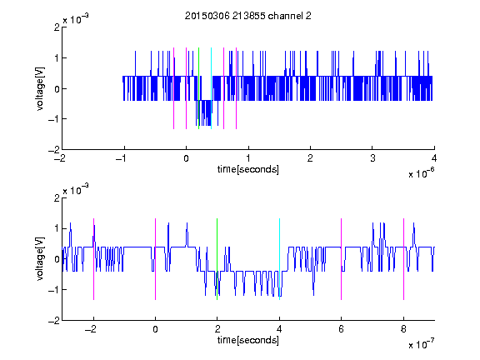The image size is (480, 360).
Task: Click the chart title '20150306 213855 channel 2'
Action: (248, 16)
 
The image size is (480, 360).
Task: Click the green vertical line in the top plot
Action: (198, 88)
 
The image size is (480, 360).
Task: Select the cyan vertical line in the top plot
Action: (211, 88)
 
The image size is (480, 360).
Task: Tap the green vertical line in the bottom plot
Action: (217, 259)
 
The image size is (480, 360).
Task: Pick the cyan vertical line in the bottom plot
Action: (279, 259)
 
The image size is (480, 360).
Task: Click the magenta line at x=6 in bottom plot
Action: (342, 259)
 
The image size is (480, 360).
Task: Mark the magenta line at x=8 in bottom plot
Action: (404, 259)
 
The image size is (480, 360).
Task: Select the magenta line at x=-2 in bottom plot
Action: (93, 259)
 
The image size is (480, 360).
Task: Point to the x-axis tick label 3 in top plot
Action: (372, 158)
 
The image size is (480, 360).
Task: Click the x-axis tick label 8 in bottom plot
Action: (404, 329)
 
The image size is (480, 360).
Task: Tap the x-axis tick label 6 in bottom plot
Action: (342, 329)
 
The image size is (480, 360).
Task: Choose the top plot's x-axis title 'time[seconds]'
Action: (248, 169)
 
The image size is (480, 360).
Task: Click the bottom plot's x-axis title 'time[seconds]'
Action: (248, 340)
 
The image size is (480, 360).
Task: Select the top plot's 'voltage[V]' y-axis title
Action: (40, 88)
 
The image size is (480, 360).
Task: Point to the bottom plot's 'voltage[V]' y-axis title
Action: (40, 259)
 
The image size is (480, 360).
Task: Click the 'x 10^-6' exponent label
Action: (422, 173)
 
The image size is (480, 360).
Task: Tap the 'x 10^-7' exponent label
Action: (422, 344)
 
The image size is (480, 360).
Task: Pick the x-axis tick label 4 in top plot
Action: (434, 158)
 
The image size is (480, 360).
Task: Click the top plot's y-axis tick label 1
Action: (57, 57)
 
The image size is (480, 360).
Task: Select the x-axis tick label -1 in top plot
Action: (122, 158)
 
